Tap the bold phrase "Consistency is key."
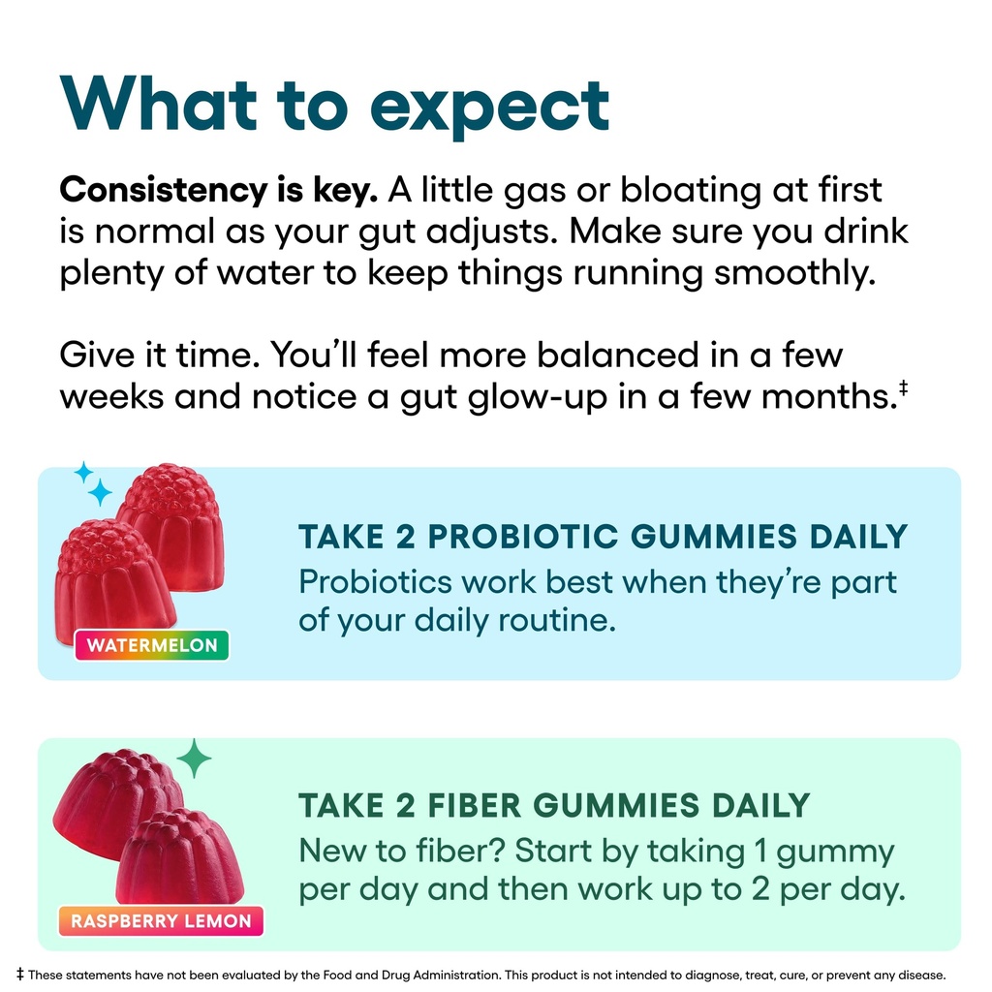[218, 190]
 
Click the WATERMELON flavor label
[152, 645]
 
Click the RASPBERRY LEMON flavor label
[161, 920]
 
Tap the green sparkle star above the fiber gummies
[195, 758]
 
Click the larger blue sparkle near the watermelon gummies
[100, 493]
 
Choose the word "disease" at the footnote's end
[919, 975]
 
